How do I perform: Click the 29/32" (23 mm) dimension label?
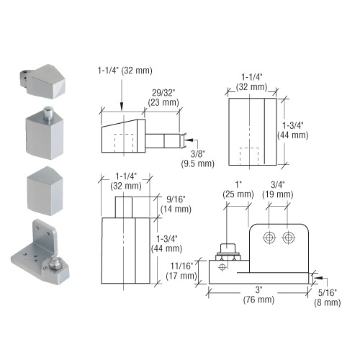coord(163,98)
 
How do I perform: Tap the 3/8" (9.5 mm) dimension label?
coord(197,158)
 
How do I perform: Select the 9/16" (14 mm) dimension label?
coord(176,204)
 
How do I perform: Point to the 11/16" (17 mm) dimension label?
coord(181,271)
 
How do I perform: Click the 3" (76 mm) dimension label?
coord(258,294)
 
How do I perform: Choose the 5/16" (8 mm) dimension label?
coord(328,297)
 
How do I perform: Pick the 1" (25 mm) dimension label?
coord(238,189)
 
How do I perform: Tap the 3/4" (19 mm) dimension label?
coord(278,189)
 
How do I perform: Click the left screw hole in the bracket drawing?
coord(269,238)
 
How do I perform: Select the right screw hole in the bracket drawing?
coord(289,238)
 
